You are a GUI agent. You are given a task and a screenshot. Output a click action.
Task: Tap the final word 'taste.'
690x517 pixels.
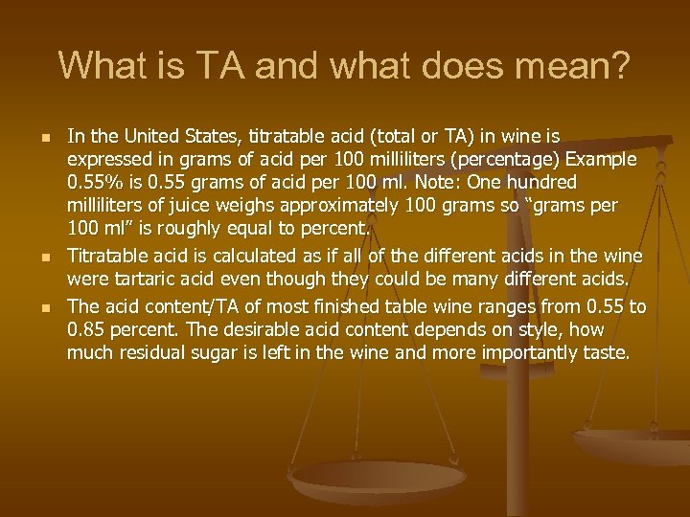[605, 354]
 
